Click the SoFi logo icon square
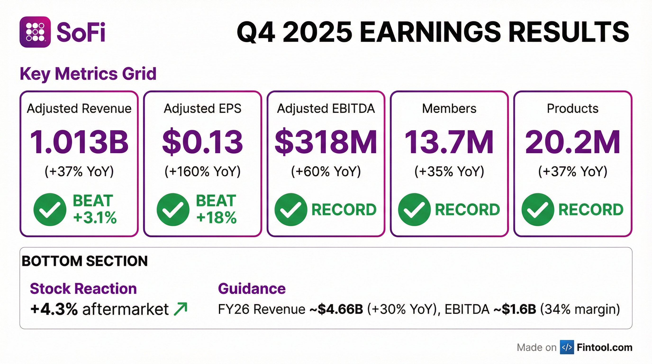pyautogui.click(x=35, y=32)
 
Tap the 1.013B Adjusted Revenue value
pyautogui.click(x=79, y=142)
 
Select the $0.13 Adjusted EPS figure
pyautogui.click(x=203, y=142)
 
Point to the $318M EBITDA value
pyautogui.click(x=326, y=142)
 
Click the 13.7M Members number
pyautogui.click(x=449, y=142)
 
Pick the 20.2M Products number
pyautogui.click(x=573, y=142)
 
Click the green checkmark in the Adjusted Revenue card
pyautogui.click(x=50, y=209)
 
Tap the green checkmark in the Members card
pyautogui.click(x=414, y=209)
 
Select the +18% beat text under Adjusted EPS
pyautogui.click(x=216, y=218)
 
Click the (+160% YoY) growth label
pyautogui.click(x=203, y=171)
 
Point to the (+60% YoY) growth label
pyautogui.click(x=326, y=171)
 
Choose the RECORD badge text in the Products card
pyautogui.click(x=591, y=209)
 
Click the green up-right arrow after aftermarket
pyautogui.click(x=181, y=309)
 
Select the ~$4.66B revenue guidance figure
pyautogui.click(x=336, y=309)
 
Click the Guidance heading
pyautogui.click(x=252, y=289)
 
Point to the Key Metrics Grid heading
pyautogui.click(x=88, y=74)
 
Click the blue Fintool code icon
pyautogui.click(x=567, y=347)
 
